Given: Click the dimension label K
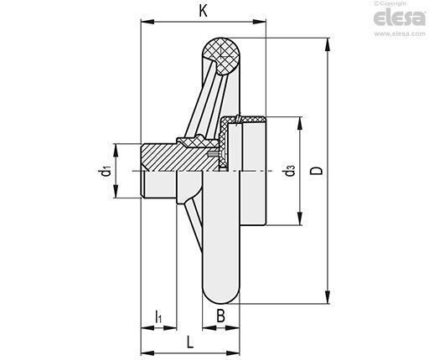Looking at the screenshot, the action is pyautogui.click(x=204, y=11).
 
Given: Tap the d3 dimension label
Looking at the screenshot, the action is pyautogui.click(x=290, y=171).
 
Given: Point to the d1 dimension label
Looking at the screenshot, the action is pyautogui.click(x=106, y=171).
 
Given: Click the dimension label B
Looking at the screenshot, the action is pyautogui.click(x=220, y=316).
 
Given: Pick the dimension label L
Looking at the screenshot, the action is pyautogui.click(x=190, y=342).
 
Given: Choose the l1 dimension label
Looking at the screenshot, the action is pyautogui.click(x=158, y=316).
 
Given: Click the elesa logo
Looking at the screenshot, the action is pyautogui.click(x=400, y=18).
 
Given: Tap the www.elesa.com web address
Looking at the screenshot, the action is pyautogui.click(x=400, y=33).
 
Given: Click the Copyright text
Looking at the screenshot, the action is pyautogui.click(x=390, y=3).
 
